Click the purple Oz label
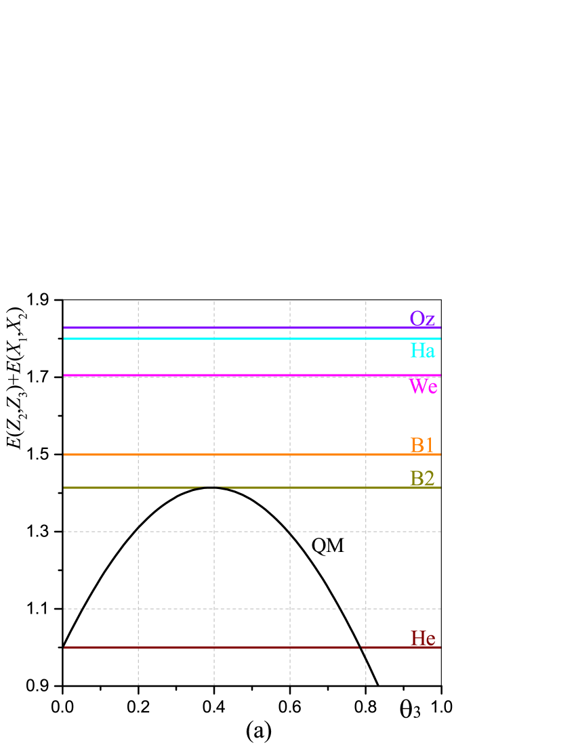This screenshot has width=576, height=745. point(421,318)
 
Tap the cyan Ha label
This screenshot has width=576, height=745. point(422,350)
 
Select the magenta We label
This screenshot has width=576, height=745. point(423,386)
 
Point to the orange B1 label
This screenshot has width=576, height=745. point(421,445)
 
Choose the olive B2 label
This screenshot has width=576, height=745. point(421,478)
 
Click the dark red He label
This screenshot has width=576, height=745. point(422,638)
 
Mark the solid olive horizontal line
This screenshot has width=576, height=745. point(305,488)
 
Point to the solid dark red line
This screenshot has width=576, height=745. point(203,647)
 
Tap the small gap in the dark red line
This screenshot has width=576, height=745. point(360,647)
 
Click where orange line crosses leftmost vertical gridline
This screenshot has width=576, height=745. point(138,454)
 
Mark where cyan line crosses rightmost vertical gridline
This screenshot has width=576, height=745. point(366,339)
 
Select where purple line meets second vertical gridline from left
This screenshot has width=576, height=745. point(214,328)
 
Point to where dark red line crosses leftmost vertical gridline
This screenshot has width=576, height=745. point(138,647)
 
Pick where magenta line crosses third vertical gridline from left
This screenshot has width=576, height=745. point(290,375)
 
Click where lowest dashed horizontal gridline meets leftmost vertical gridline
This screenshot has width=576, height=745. point(138,609)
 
